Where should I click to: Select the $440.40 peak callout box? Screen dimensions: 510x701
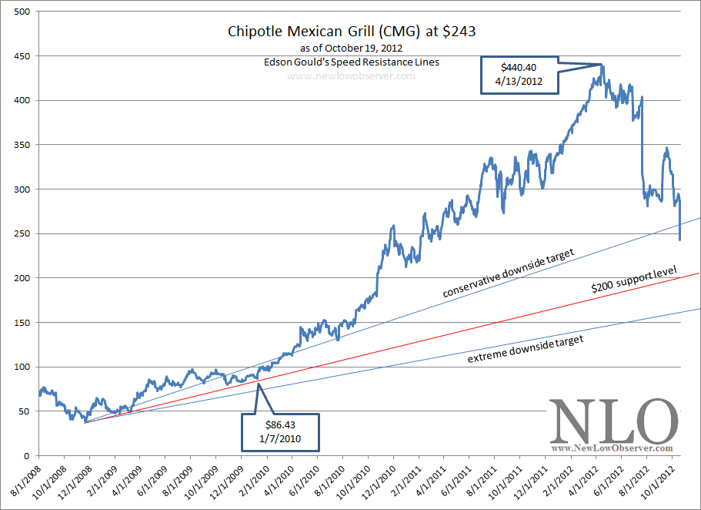coord(520,75)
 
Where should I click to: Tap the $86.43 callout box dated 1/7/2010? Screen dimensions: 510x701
coord(281,431)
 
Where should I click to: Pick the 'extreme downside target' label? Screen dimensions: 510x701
coord(526,348)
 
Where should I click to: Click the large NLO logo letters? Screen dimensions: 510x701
coord(613,421)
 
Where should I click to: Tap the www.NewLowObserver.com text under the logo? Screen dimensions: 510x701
coord(613,448)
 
